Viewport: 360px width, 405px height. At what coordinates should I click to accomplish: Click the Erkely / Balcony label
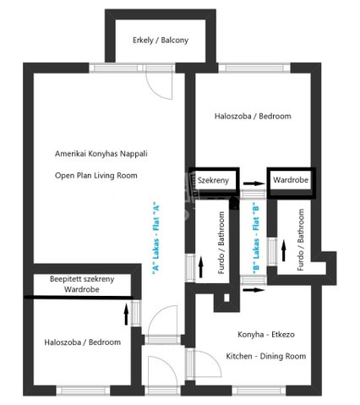point(161,41)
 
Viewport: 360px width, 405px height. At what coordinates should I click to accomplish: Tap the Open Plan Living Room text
point(96,176)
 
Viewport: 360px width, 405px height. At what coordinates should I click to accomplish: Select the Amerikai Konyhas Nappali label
point(101,154)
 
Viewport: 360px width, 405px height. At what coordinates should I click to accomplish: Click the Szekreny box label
point(213,180)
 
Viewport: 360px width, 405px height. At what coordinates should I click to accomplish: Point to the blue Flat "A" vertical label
point(155,238)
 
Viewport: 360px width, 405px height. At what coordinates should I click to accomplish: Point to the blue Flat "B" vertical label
point(256,238)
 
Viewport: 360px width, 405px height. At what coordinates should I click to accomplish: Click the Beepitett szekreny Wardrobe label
point(82,284)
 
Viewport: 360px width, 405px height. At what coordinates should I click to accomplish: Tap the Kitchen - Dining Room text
point(266,356)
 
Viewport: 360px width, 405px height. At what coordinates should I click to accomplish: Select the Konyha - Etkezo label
point(266,335)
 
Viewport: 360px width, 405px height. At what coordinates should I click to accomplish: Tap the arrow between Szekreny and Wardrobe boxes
point(254,183)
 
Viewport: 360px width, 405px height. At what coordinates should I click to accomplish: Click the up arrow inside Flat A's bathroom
point(201,267)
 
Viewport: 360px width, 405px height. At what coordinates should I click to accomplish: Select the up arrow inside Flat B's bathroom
point(284,250)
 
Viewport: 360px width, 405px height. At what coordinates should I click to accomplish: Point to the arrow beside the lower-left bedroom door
point(126,314)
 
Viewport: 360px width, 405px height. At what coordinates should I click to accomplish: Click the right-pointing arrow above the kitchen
point(254,290)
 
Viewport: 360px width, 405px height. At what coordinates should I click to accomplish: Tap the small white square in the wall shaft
point(226,298)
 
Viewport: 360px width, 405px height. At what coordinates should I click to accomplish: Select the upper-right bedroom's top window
point(254,68)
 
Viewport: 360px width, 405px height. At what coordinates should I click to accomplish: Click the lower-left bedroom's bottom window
point(83,391)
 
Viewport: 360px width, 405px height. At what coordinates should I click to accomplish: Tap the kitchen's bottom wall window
point(259,391)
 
